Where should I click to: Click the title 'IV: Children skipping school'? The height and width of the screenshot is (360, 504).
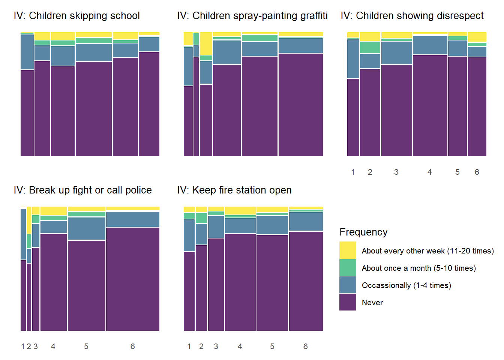(76, 16)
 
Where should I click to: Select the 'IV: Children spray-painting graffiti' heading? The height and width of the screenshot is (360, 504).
(252, 16)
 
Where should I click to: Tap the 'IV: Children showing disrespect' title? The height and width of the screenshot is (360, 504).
(412, 16)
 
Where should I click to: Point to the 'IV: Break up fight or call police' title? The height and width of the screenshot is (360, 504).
(82, 190)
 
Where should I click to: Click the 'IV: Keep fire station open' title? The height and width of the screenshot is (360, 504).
(234, 190)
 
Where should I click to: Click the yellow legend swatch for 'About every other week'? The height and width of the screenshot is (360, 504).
(348, 250)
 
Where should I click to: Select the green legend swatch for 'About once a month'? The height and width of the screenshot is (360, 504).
(348, 268)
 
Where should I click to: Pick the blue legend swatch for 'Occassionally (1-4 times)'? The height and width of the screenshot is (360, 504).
(348, 285)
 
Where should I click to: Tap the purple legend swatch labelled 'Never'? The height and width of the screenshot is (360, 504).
(348, 302)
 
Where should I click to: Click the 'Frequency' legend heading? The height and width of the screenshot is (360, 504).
(363, 232)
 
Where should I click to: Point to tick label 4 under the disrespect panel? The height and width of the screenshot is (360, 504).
(430, 172)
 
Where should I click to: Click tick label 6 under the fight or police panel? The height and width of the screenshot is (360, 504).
(133, 346)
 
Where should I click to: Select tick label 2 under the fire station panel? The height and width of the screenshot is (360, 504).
(201, 346)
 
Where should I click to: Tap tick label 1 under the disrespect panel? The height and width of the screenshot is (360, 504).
(353, 172)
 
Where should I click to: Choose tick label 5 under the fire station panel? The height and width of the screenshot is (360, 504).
(272, 346)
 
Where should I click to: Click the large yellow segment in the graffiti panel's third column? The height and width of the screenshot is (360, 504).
(206, 43)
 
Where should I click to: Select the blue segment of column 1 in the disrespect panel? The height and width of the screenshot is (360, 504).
(353, 58)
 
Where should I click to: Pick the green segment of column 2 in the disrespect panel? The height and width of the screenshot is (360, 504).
(370, 47)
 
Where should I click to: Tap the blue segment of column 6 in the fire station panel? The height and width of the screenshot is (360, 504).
(306, 221)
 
